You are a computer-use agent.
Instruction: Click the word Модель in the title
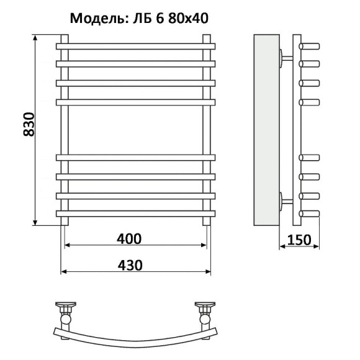tap(96, 18)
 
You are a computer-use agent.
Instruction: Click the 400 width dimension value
tap(130, 238)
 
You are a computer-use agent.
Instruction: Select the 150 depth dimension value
tap(300, 239)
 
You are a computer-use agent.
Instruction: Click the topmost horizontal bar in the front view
tap(136, 46)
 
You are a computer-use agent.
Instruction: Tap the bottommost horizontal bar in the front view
tap(136, 214)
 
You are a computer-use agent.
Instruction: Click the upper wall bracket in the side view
tap(287, 58)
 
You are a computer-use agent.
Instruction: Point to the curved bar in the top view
tap(136, 335)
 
